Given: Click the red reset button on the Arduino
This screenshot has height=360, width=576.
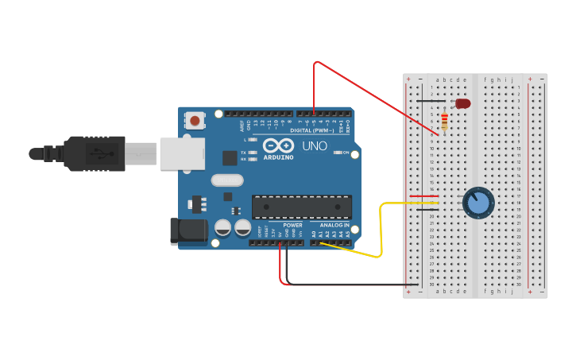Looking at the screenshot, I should (x=195, y=121).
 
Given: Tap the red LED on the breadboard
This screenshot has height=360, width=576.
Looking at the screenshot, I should (x=462, y=103).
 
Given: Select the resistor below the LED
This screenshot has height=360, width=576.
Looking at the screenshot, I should (x=444, y=122).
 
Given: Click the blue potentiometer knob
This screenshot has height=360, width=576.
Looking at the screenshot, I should (x=477, y=202).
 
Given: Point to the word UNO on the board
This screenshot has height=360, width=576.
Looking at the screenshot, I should (x=315, y=146).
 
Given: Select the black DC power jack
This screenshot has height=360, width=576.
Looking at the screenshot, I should (x=189, y=231).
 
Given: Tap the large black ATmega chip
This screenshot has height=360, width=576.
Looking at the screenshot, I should (x=302, y=207).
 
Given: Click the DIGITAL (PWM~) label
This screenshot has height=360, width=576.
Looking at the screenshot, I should (x=311, y=130).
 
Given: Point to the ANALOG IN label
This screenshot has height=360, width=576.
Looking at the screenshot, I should (x=334, y=225).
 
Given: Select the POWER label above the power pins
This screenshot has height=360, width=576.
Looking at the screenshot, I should (x=292, y=225).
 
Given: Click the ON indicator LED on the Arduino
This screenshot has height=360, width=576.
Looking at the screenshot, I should (x=338, y=152).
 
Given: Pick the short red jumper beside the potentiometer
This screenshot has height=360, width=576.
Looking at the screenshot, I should (x=423, y=195).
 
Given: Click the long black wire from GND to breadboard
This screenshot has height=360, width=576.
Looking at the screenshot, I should (x=350, y=285).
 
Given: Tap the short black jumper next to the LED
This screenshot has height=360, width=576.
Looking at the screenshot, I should (x=430, y=101).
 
